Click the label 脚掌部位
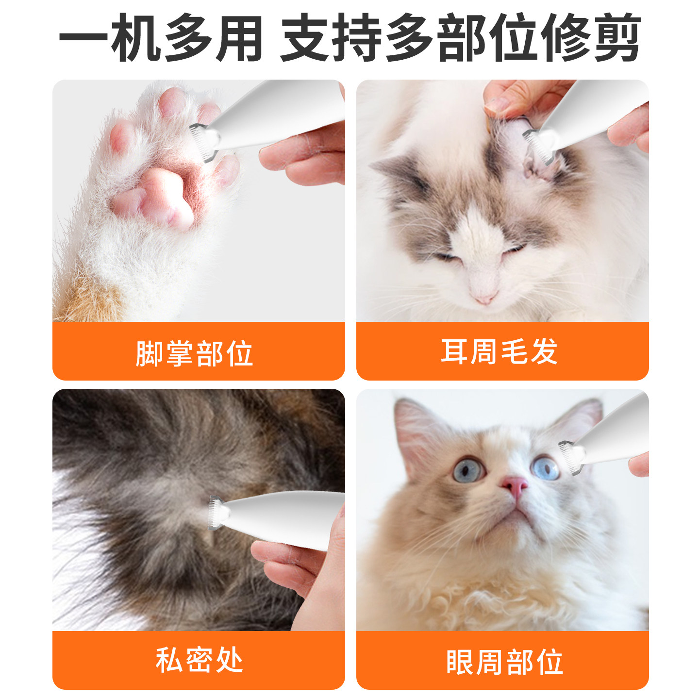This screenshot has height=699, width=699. pyautogui.click(x=194, y=353)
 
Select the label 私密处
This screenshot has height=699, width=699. pyautogui.click(x=199, y=660)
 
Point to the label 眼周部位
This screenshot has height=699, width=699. pyautogui.click(x=504, y=662)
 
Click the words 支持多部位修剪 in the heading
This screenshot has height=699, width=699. pyautogui.click(x=460, y=38)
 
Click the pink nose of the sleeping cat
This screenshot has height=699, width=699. pyautogui.click(x=484, y=297)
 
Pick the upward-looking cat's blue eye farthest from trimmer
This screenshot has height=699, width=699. pyautogui.click(x=468, y=470)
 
